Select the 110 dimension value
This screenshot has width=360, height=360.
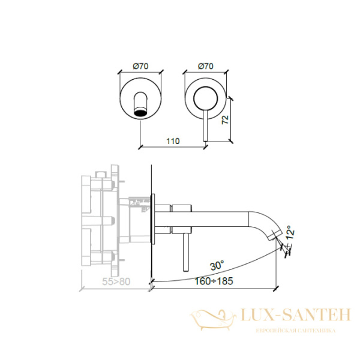click(173, 141)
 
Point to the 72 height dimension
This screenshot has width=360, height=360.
click(224, 119)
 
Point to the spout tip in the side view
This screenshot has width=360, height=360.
click(275, 238)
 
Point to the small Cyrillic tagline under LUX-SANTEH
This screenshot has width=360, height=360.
click(295, 330)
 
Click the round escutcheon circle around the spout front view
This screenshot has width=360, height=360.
click(122, 98)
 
